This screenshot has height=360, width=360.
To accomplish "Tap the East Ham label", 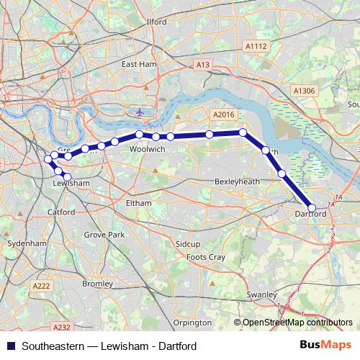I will (x=139, y=64).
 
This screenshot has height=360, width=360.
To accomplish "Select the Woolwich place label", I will (x=147, y=148).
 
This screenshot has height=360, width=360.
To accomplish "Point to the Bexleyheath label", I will (x=237, y=182).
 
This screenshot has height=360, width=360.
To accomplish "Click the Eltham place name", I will (x=139, y=203).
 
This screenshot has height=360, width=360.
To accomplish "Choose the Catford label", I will (x=60, y=212).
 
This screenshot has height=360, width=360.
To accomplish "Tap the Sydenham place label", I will (x=26, y=243).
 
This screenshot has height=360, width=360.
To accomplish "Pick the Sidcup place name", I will (x=188, y=245).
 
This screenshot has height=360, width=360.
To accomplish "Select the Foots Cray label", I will (x=206, y=257).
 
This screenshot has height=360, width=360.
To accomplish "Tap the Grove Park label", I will (x=104, y=235).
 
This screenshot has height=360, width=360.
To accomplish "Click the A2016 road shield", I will (x=224, y=114).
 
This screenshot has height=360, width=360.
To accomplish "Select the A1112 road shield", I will (x=256, y=46).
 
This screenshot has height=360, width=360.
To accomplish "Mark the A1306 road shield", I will (x=305, y=91).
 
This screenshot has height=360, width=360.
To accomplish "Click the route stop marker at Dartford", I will (x=312, y=207).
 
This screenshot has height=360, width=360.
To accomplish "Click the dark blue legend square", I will (x=10, y=346).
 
